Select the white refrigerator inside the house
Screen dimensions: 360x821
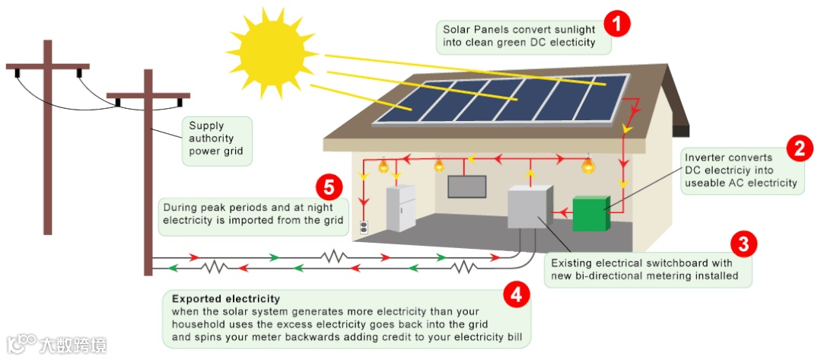(401, 208)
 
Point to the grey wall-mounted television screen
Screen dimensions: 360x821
(466, 186)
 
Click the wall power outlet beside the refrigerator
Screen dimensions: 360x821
(364, 227)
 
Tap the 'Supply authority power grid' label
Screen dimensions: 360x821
(217, 139)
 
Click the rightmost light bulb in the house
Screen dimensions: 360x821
(587, 164)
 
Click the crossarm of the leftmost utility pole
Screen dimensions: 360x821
(47, 67)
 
